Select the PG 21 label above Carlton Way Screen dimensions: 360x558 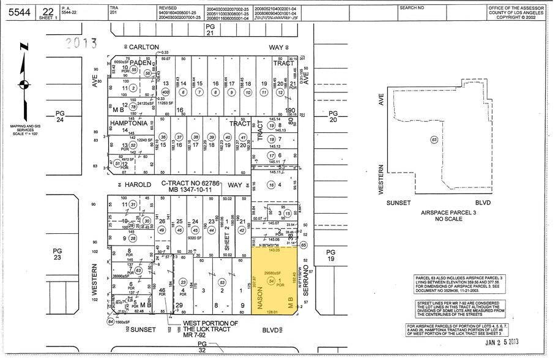coord(210,31)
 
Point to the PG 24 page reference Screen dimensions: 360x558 coord(60,116)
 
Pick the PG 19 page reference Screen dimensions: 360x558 coord(331,255)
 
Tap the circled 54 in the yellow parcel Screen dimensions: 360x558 coord(270,280)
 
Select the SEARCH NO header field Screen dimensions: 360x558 coord(412,7)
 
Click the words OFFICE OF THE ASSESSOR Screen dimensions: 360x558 coord(519,6)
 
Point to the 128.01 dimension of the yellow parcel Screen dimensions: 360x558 coord(273,312)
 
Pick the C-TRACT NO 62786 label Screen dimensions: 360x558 coord(185,183)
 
